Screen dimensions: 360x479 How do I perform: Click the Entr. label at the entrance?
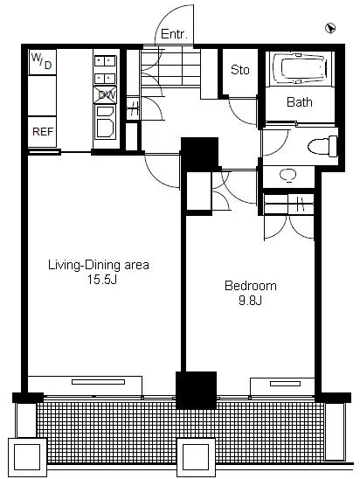pyautogui.click(x=174, y=34)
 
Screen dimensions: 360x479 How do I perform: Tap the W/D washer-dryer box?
pyautogui.click(x=43, y=62)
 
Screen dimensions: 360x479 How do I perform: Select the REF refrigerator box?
pyautogui.click(x=43, y=132)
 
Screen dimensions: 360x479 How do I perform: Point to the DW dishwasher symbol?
pyautogui.click(x=105, y=94)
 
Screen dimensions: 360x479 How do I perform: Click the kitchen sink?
pyautogui.click(x=105, y=121)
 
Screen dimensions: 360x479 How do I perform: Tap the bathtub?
pyautogui.click(x=301, y=68)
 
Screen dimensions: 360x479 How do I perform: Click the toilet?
pyautogui.click(x=322, y=146)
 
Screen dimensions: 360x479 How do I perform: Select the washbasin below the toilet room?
pyautogui.click(x=288, y=175)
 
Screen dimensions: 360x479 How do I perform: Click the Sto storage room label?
pyautogui.click(x=240, y=70)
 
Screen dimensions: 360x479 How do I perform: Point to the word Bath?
pyautogui.click(x=300, y=102)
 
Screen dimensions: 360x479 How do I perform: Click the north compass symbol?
pyautogui.click(x=330, y=28)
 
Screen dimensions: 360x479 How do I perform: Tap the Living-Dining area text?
pyautogui.click(x=99, y=265)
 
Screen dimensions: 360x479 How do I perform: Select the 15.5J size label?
pyautogui.click(x=102, y=279)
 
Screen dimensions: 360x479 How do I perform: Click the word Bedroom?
pyautogui.click(x=251, y=286)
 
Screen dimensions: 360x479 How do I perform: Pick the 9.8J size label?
pyautogui.click(x=251, y=301)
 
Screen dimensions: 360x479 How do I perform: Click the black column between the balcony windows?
pyautogui.click(x=197, y=391)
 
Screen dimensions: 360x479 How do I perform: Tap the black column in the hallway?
pyautogui.click(x=200, y=154)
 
